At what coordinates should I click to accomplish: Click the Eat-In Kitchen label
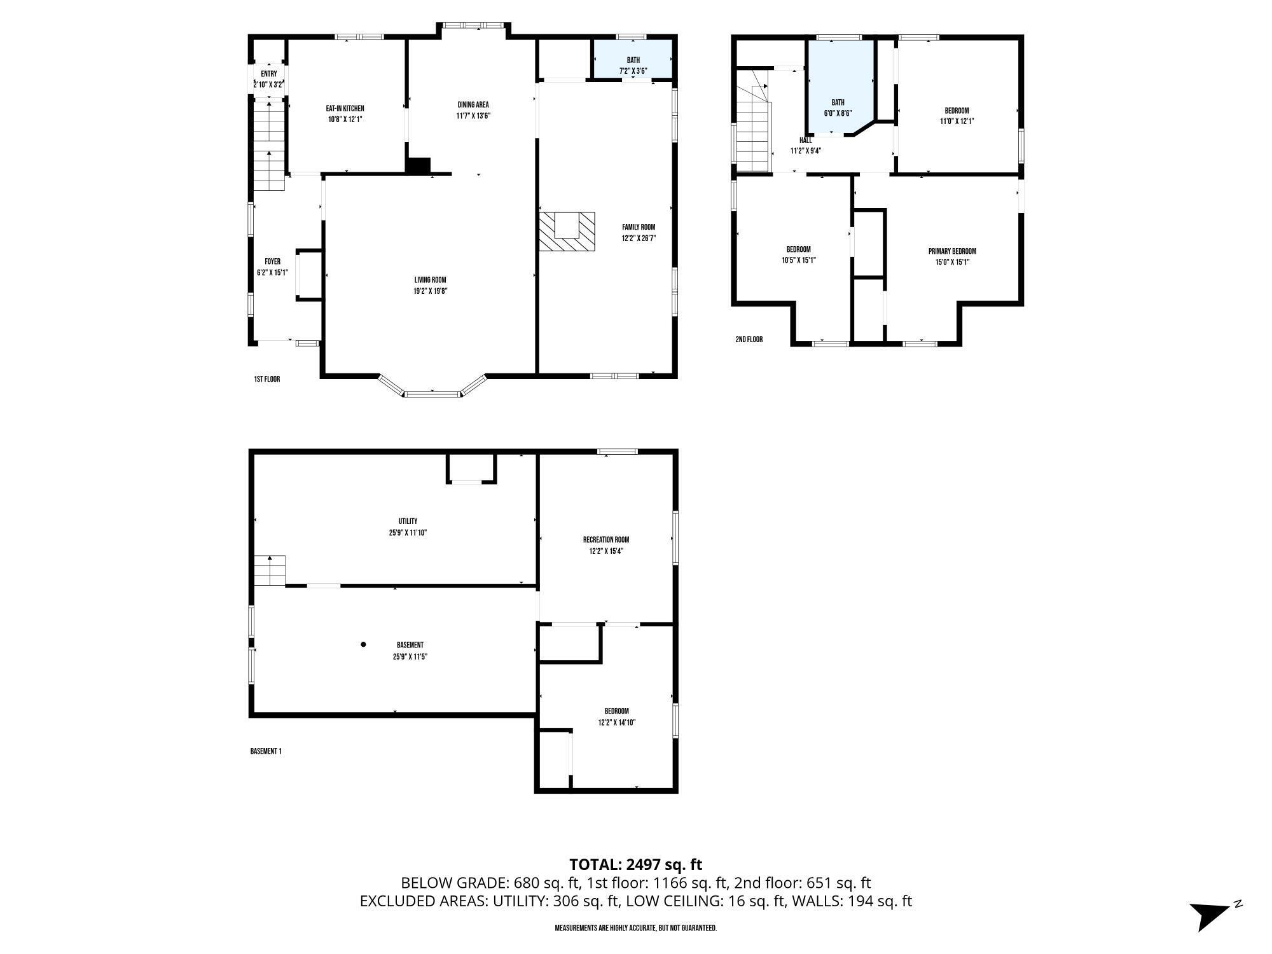tap(345, 109)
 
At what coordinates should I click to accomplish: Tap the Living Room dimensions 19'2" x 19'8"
tap(429, 291)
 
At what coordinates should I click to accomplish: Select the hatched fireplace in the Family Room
tap(567, 232)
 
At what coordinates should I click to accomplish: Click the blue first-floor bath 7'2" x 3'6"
tap(633, 60)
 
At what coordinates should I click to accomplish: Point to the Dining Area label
tap(473, 105)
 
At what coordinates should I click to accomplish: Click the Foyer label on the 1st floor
tap(272, 261)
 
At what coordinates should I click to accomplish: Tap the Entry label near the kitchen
tap(268, 74)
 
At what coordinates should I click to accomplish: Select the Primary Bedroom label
tap(951, 251)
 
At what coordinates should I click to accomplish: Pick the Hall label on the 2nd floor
tap(805, 141)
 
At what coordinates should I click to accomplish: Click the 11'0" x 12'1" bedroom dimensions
tap(957, 121)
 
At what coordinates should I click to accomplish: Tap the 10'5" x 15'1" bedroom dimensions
tap(798, 260)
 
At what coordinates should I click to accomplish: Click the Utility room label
tap(408, 522)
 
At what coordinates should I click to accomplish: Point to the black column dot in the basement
tap(364, 644)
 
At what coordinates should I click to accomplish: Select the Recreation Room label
tap(605, 540)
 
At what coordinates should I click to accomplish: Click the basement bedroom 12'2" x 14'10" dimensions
tap(616, 722)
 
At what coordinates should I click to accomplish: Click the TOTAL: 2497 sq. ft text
tap(635, 864)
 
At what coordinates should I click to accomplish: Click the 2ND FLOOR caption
tap(749, 340)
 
